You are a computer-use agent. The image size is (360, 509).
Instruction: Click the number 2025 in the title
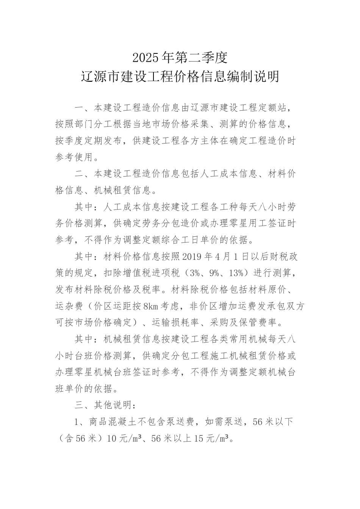click(146, 58)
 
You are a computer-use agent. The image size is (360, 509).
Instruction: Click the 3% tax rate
click(197, 273)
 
